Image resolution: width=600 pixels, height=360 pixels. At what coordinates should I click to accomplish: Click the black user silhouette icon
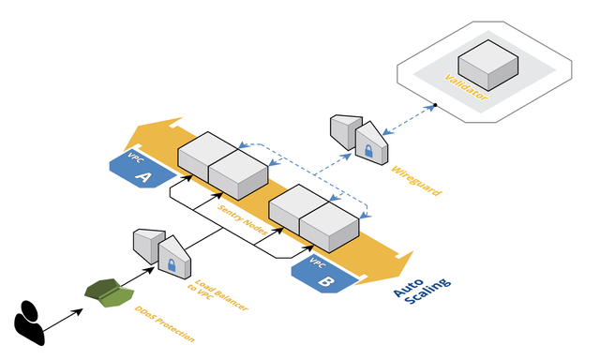pyautogui.click(x=29, y=323)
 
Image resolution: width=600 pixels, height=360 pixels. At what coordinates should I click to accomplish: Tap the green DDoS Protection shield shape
pyautogui.click(x=110, y=293)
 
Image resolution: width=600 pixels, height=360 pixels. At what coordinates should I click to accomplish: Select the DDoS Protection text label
pyautogui.click(x=165, y=323)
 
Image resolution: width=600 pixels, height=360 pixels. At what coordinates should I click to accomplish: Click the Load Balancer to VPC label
pyautogui.click(x=217, y=295)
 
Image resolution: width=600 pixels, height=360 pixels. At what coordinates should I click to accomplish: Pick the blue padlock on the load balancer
pyautogui.click(x=172, y=264)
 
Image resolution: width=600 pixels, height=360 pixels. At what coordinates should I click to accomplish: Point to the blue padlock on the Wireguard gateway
pyautogui.click(x=368, y=151)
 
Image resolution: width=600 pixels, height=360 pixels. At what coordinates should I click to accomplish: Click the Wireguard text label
pyautogui.click(x=416, y=181)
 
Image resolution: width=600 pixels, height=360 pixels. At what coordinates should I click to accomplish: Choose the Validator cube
pyautogui.click(x=487, y=65)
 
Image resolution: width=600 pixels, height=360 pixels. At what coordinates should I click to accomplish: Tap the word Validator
pyautogui.click(x=466, y=87)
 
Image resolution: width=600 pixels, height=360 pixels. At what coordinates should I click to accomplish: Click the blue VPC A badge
pyautogui.click(x=142, y=169)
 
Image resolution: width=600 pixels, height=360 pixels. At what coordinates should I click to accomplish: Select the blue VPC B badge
pyautogui.click(x=323, y=275)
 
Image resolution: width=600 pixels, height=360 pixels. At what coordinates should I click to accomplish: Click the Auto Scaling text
pyautogui.click(x=423, y=291)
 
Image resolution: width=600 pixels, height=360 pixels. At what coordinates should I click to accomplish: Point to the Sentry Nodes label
pyautogui.click(x=243, y=219)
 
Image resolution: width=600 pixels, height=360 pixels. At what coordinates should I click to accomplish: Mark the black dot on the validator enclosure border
pyautogui.click(x=435, y=105)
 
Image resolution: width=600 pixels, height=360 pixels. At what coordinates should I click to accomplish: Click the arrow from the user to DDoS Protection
pyautogui.click(x=63, y=320)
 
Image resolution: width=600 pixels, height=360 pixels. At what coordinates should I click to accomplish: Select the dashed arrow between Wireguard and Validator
pyautogui.click(x=409, y=120)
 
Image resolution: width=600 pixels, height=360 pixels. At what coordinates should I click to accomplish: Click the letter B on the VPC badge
pyautogui.click(x=325, y=281)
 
